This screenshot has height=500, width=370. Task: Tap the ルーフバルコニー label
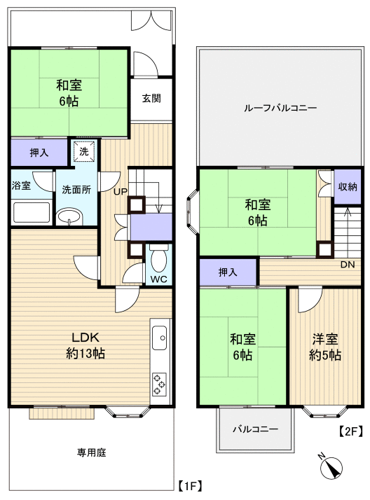pos(280,109)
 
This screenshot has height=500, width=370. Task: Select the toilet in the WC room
pos(158,261)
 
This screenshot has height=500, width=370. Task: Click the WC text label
pos(158,279)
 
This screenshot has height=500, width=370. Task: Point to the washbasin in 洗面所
pos(70,219)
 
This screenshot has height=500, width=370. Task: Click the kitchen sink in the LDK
pos(160,339)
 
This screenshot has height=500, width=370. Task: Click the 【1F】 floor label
pos(189,485)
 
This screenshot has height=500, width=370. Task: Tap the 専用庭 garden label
pos(91,453)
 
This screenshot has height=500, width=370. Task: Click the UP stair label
pos(121,190)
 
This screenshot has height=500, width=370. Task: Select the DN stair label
pos(348,265)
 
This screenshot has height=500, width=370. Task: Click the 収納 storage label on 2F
pos(348,186)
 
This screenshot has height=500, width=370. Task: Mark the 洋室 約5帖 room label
pos(325,347)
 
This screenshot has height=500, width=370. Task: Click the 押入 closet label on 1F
pos(39,152)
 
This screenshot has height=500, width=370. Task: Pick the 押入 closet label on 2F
pos(228,272)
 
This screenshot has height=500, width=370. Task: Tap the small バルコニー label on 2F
pos(255,429)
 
